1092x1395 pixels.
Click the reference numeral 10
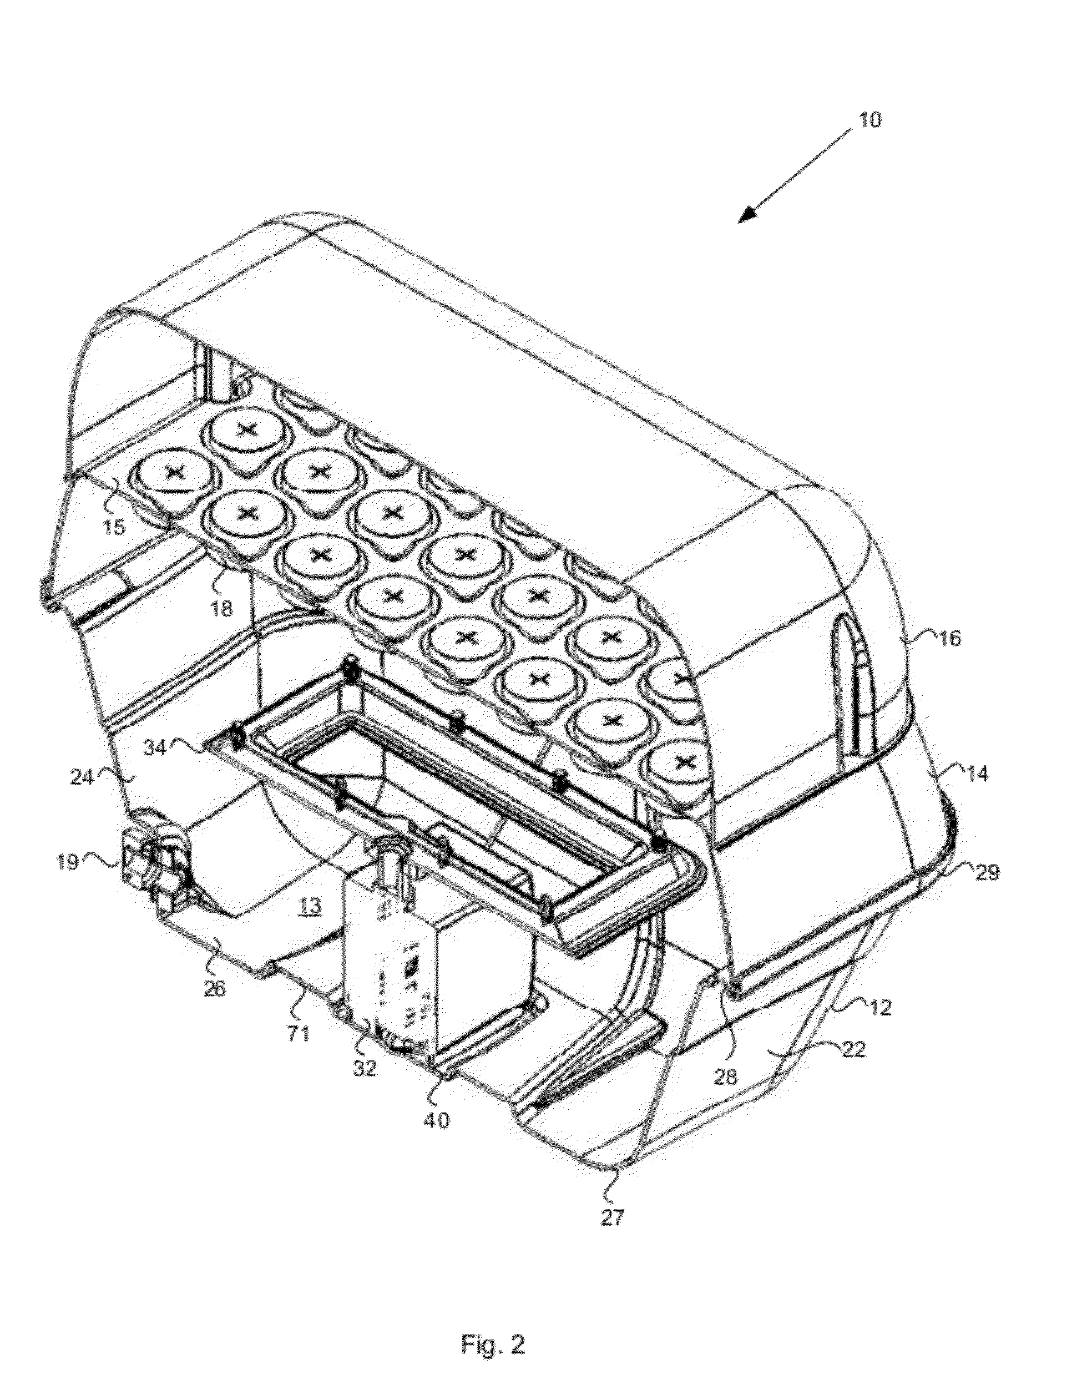[x=869, y=120]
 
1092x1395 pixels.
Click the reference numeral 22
[x=852, y=1049]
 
